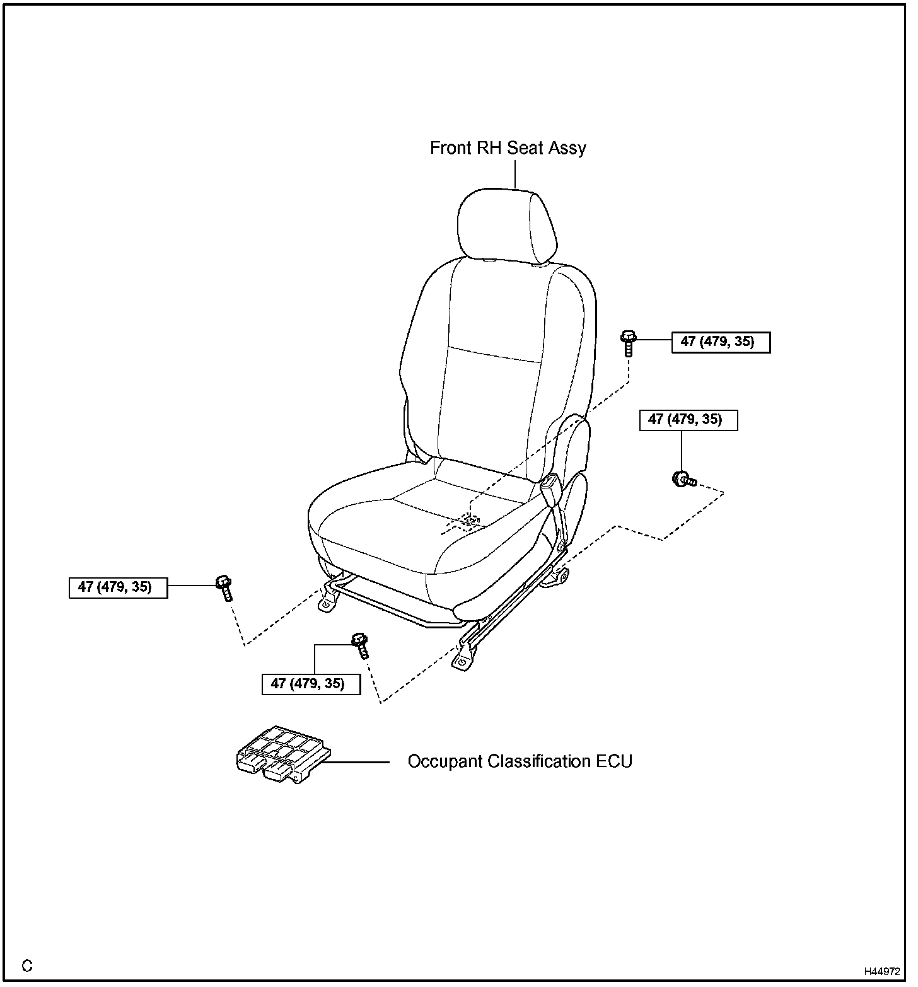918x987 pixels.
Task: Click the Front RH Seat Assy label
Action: click(x=508, y=148)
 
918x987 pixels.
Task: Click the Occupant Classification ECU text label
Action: click(x=520, y=761)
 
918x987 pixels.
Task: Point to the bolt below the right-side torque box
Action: click(x=683, y=480)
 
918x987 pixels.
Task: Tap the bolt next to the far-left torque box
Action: click(x=224, y=587)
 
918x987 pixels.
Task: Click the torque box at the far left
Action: click(x=118, y=587)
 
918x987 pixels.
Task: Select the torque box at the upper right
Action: click(x=721, y=342)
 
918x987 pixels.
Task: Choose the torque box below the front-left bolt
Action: click(x=311, y=684)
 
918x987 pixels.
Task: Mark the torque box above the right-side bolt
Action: click(x=688, y=420)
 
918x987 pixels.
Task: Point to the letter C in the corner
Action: click(x=27, y=966)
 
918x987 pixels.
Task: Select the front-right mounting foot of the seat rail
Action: click(x=462, y=661)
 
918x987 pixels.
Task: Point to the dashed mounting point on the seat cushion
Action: click(x=470, y=519)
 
